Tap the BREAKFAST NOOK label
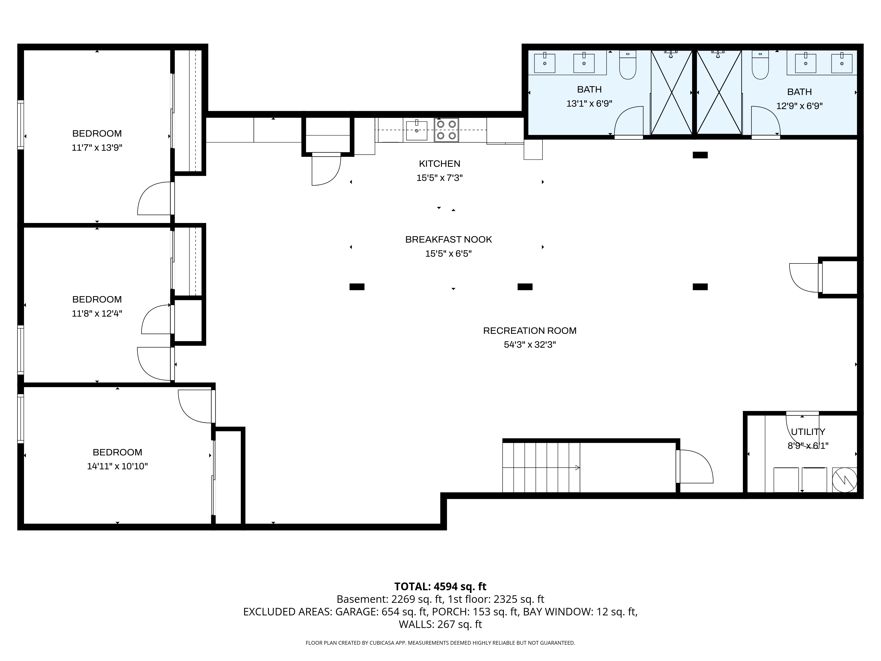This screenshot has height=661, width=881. click(x=448, y=240)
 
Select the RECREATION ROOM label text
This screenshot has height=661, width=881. click(x=530, y=331)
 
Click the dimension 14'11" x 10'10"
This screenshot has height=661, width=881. click(x=117, y=466)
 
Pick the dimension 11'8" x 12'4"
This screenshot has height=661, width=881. click(x=97, y=314)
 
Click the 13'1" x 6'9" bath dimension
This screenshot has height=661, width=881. click(x=589, y=104)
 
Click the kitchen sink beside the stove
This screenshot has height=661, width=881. click(x=417, y=131)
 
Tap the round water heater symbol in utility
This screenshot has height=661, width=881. click(x=845, y=480)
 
